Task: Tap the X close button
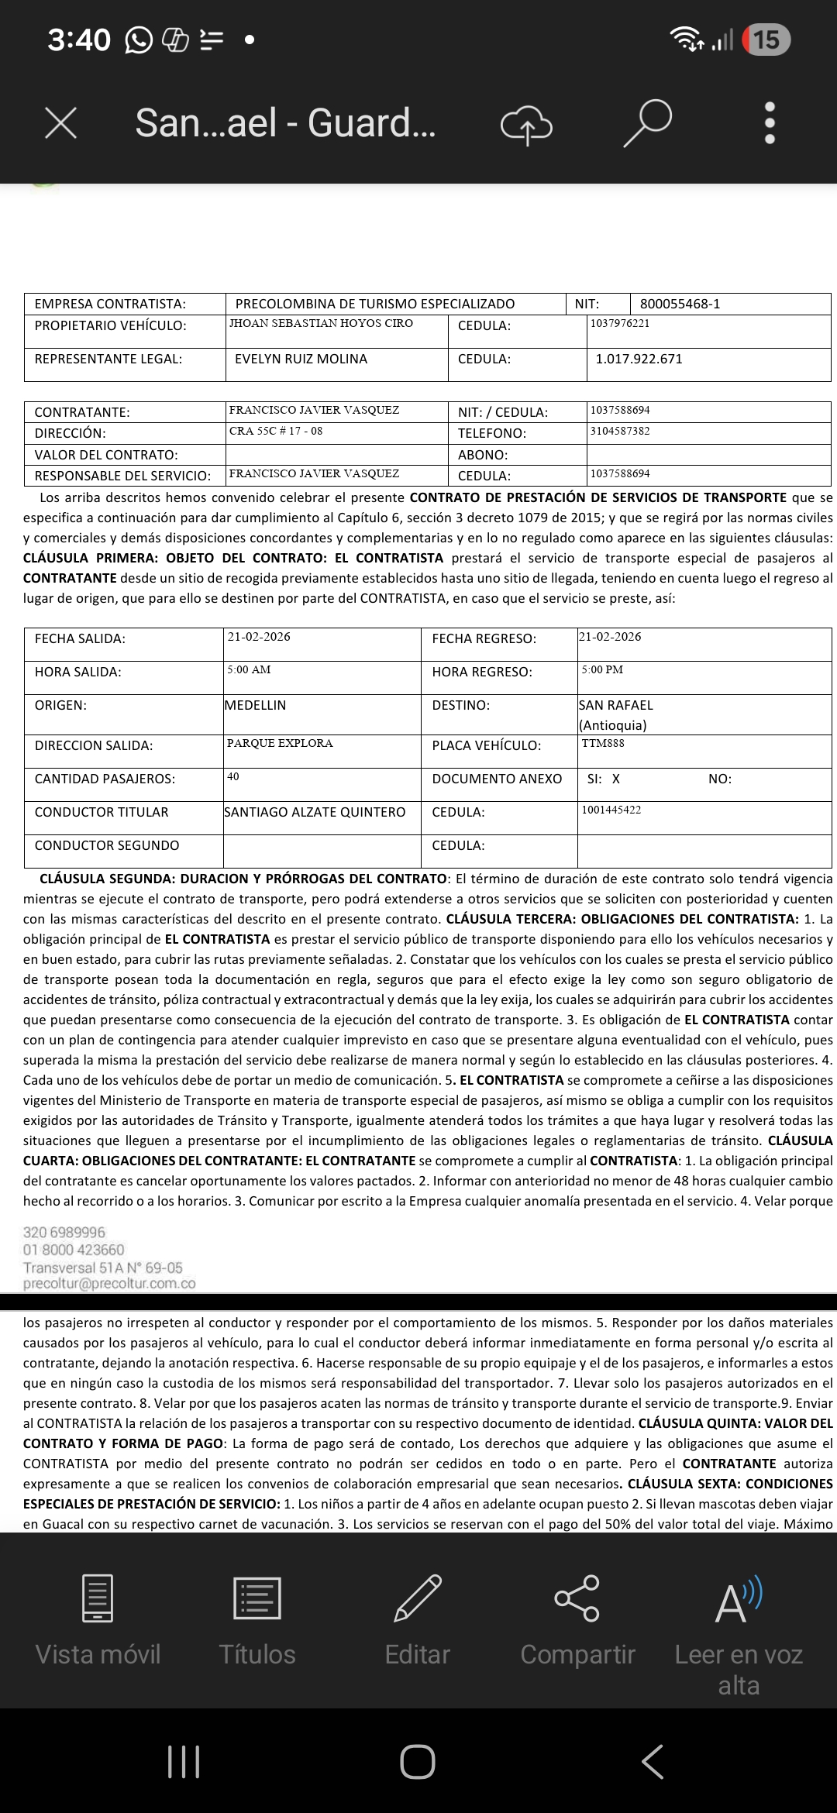(60, 123)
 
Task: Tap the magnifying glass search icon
(647, 122)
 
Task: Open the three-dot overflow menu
(770, 123)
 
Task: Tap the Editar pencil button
(418, 1621)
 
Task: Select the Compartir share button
(577, 1621)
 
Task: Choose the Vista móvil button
(98, 1621)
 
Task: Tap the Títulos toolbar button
(257, 1621)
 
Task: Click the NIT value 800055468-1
(680, 304)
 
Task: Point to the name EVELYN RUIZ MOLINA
(301, 359)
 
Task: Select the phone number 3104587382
(620, 431)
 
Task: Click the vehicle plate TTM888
(603, 743)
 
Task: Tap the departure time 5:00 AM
(249, 669)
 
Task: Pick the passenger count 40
(233, 776)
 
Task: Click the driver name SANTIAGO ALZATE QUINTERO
(315, 812)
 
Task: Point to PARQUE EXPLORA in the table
(280, 743)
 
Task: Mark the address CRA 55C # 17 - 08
(276, 431)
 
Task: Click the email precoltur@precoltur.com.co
(109, 1283)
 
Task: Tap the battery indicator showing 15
(766, 40)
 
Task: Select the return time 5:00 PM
(602, 669)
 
